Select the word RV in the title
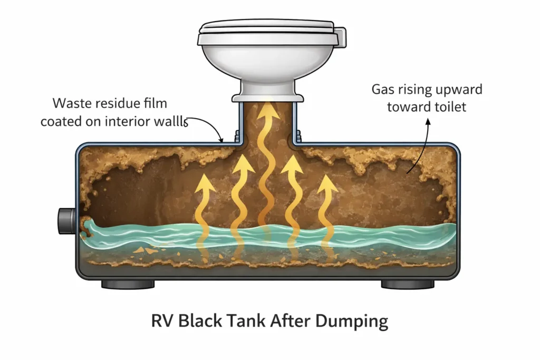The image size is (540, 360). (x=163, y=321)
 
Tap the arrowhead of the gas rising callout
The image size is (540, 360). (x=428, y=121)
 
